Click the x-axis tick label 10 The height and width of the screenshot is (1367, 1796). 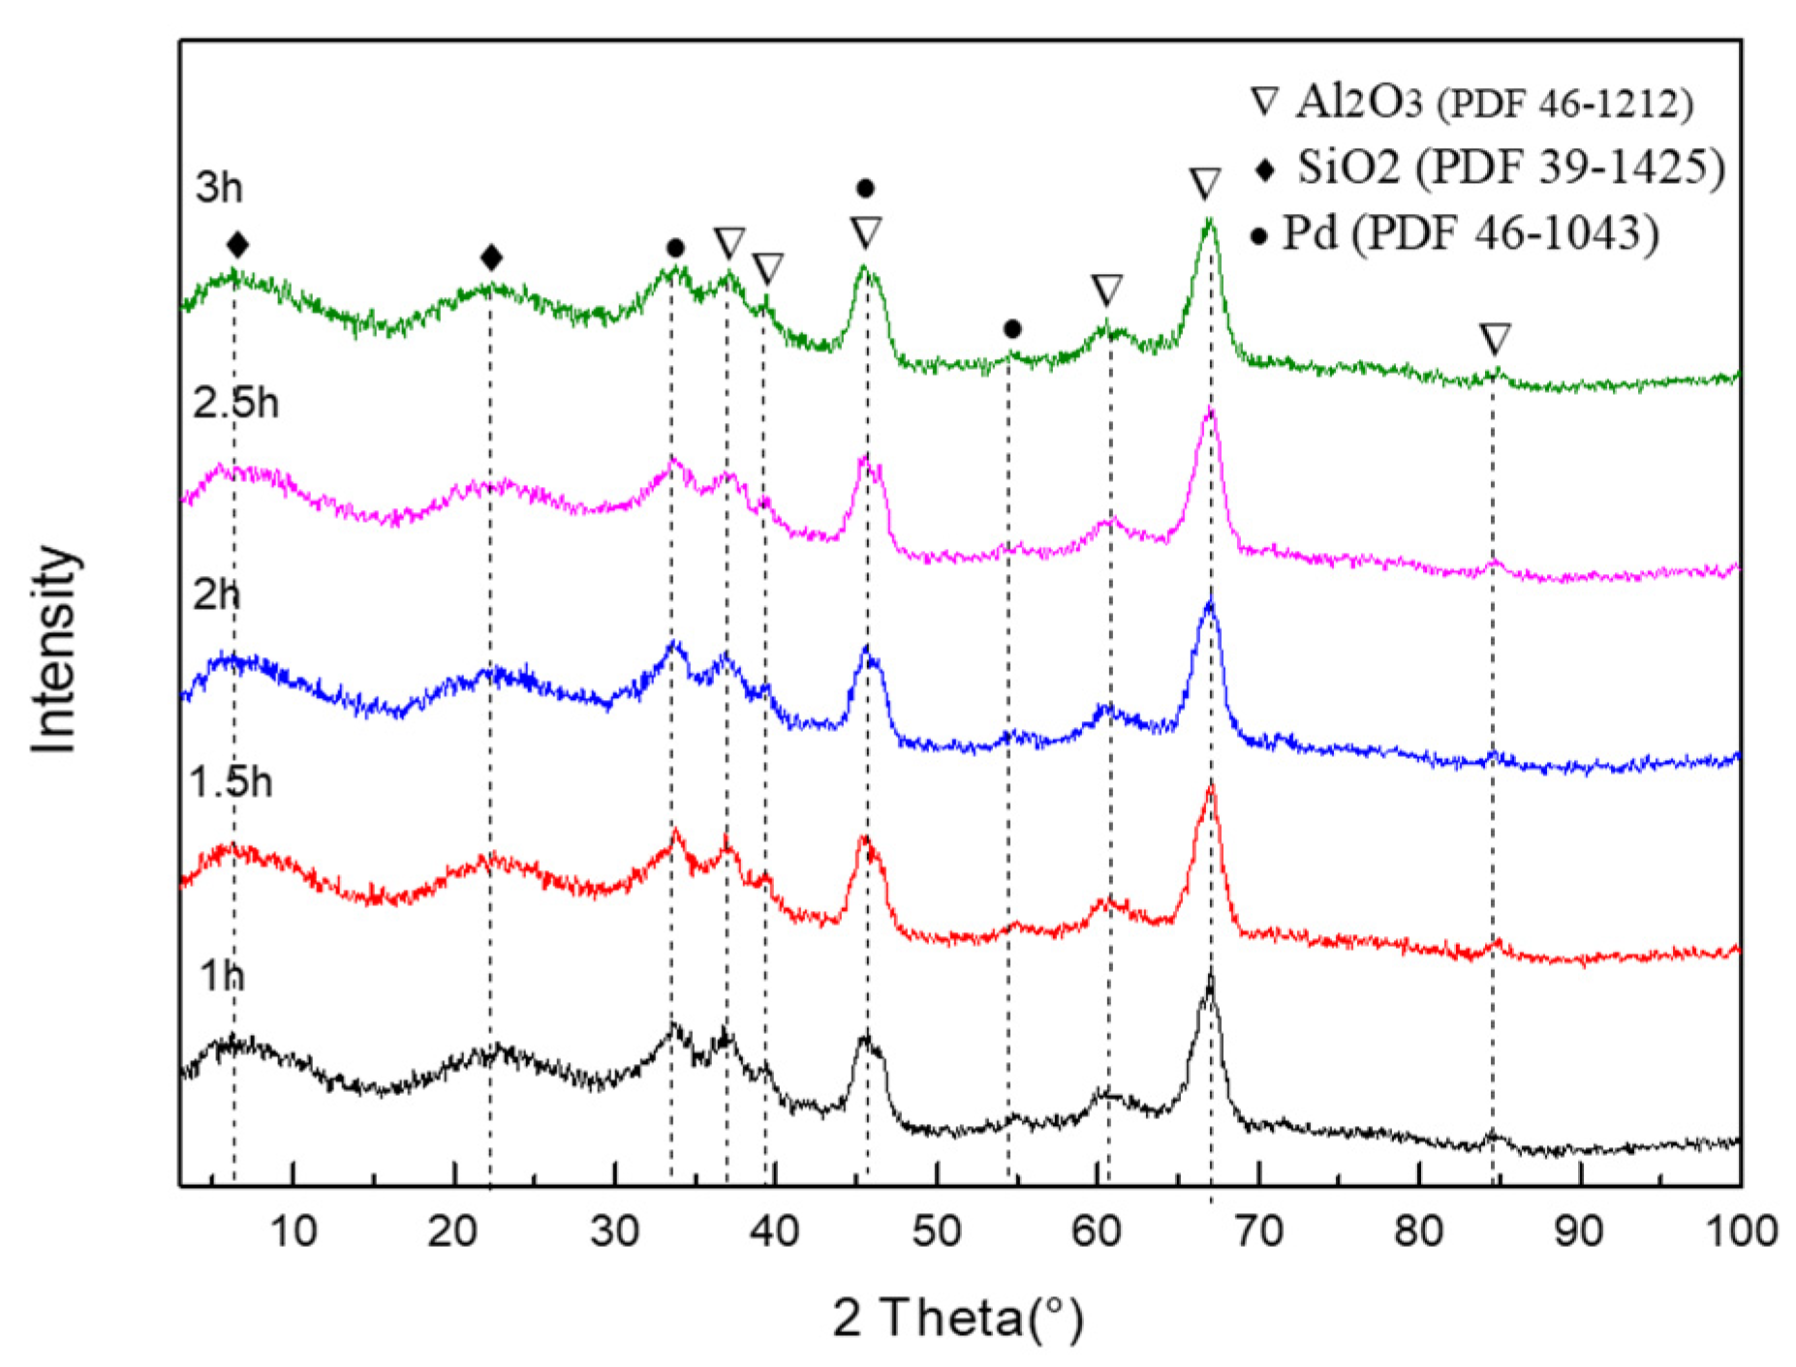[293, 1231]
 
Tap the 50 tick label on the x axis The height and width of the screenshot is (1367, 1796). [936, 1231]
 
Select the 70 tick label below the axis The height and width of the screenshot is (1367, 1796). [1258, 1231]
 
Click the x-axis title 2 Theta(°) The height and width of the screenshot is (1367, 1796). [957, 1319]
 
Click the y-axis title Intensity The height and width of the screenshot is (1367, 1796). [54, 649]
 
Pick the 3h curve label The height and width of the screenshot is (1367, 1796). [218, 187]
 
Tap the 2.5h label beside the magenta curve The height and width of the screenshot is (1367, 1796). [235, 403]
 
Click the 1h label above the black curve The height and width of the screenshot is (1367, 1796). [222, 976]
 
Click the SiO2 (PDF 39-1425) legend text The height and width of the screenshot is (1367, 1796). [1511, 167]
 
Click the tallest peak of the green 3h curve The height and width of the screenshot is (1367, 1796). [1208, 222]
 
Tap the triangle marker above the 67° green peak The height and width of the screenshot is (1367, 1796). [1205, 183]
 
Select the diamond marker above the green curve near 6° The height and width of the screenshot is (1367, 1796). [237, 245]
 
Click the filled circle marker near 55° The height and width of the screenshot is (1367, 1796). [1012, 330]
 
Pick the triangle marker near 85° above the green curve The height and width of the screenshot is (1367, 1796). [1495, 339]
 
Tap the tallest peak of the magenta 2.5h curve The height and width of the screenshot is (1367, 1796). [1209, 411]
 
